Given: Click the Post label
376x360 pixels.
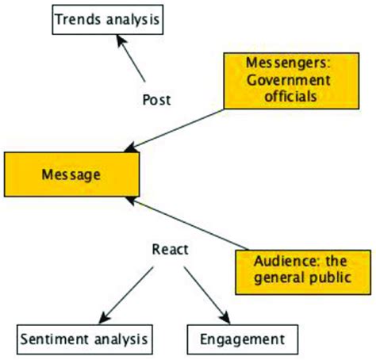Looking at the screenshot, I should coord(156,100).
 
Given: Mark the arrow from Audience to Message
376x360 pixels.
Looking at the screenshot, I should coord(190,227).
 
